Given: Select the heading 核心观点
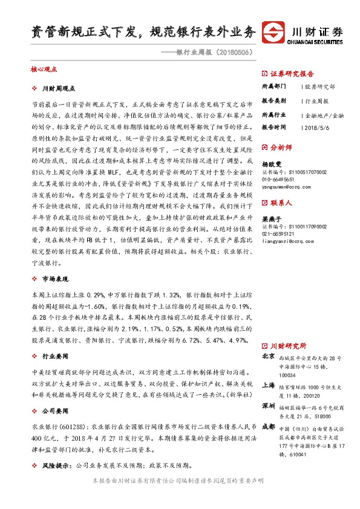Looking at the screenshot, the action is click(43, 70).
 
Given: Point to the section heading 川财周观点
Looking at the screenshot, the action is click(61, 89).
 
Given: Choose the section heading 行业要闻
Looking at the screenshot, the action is click(56, 357).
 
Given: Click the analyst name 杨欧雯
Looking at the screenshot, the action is click(271, 164).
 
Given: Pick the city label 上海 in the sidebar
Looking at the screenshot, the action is click(268, 385).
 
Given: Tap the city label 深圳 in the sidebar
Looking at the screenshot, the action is click(268, 404).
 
